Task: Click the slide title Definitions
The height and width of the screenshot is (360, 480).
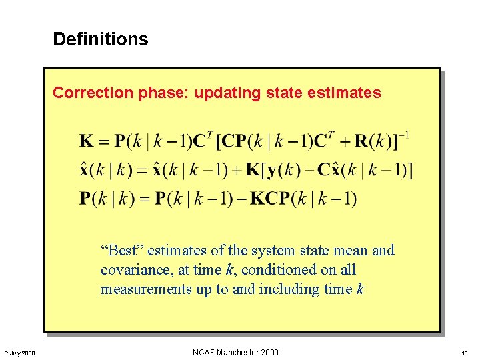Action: coord(100,39)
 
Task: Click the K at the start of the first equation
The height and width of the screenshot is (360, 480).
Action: coord(87,141)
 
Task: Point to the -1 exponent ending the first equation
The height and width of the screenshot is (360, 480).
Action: coord(402,135)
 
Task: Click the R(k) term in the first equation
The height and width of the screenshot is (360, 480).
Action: coord(371,141)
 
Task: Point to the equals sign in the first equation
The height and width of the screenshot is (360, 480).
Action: coord(104,141)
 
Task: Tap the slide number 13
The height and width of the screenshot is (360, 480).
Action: coord(465,353)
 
